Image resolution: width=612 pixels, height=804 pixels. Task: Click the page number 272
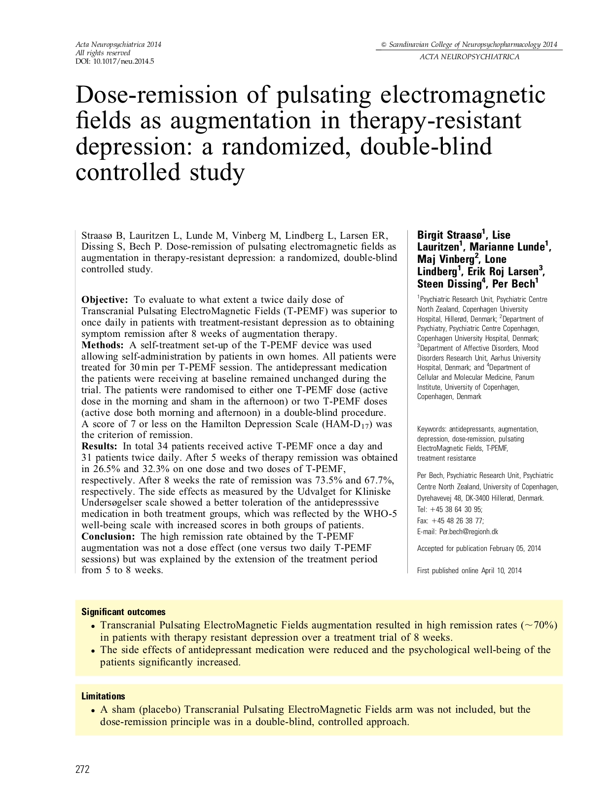(x=82, y=769)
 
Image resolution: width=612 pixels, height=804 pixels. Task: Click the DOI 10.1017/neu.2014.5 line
(x=114, y=61)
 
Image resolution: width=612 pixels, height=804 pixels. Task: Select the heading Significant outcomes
(x=123, y=612)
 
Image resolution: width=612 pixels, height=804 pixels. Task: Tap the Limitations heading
(x=103, y=696)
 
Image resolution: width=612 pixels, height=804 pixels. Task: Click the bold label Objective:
(x=105, y=299)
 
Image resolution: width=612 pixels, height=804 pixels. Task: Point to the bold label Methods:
(x=102, y=345)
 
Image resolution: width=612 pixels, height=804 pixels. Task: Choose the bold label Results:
(x=99, y=446)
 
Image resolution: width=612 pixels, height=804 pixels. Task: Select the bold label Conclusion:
(x=108, y=537)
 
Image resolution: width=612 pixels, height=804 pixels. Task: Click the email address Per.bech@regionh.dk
(x=468, y=532)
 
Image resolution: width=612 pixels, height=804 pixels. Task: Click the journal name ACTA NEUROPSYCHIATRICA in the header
(x=469, y=57)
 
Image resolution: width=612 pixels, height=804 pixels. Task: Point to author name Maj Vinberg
(x=445, y=259)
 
